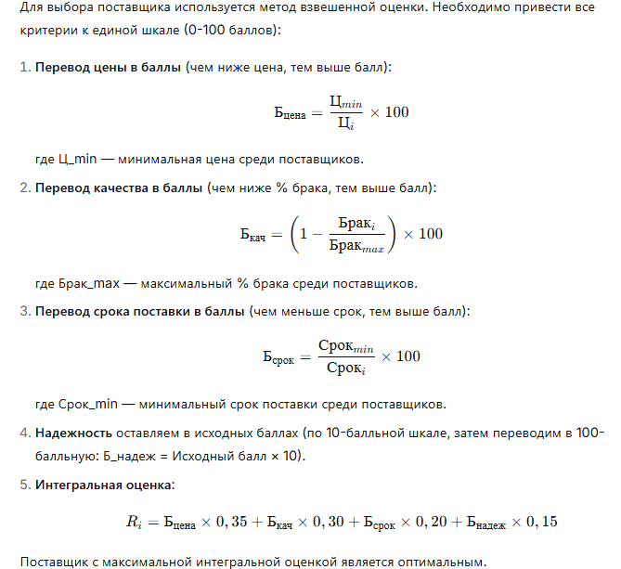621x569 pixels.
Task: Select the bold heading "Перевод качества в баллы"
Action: pos(119,188)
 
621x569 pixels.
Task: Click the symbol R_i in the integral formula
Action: pos(133,523)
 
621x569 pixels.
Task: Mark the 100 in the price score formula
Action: pos(396,111)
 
